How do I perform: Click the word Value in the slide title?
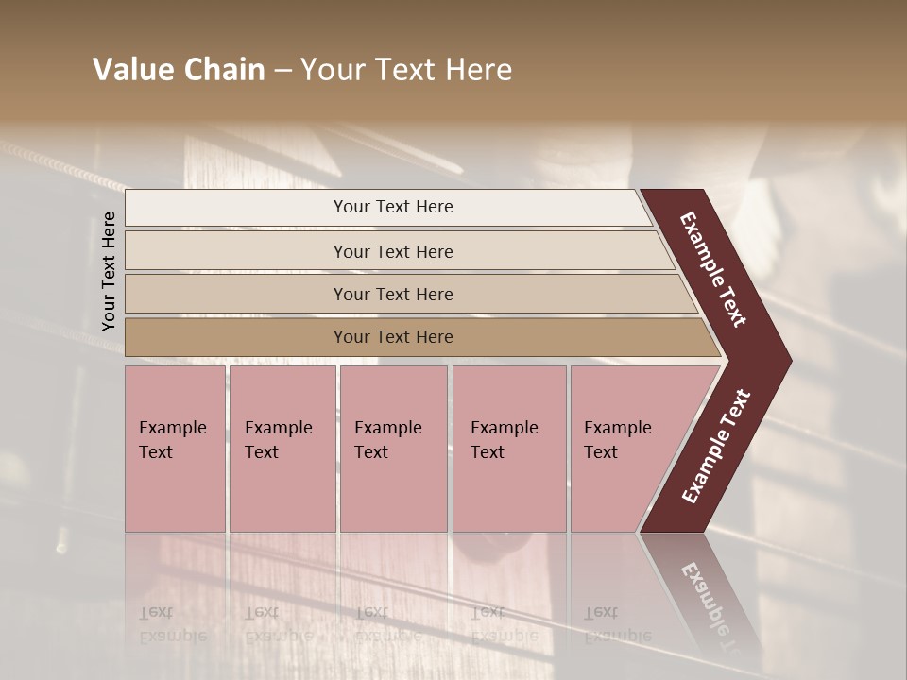pyautogui.click(x=130, y=70)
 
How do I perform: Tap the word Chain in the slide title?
pyautogui.click(x=220, y=70)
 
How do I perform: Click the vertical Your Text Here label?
pyautogui.click(x=109, y=271)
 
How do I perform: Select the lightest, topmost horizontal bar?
pyautogui.click(x=387, y=208)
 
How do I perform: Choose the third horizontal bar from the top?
pyautogui.click(x=406, y=294)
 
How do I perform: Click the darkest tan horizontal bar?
pyautogui.click(x=416, y=337)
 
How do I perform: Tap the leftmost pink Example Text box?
pyautogui.click(x=175, y=449)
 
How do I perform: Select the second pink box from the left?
pyautogui.click(x=282, y=449)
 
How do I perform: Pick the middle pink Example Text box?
pyautogui.click(x=393, y=449)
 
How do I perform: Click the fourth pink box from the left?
pyautogui.click(x=509, y=449)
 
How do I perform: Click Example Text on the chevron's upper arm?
pyautogui.click(x=713, y=269)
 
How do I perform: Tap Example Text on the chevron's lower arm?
pyautogui.click(x=716, y=447)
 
